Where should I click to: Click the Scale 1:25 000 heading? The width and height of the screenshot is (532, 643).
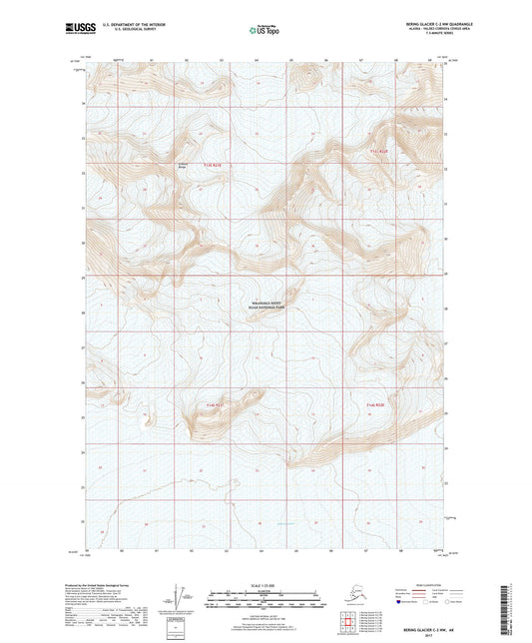[265, 584]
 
